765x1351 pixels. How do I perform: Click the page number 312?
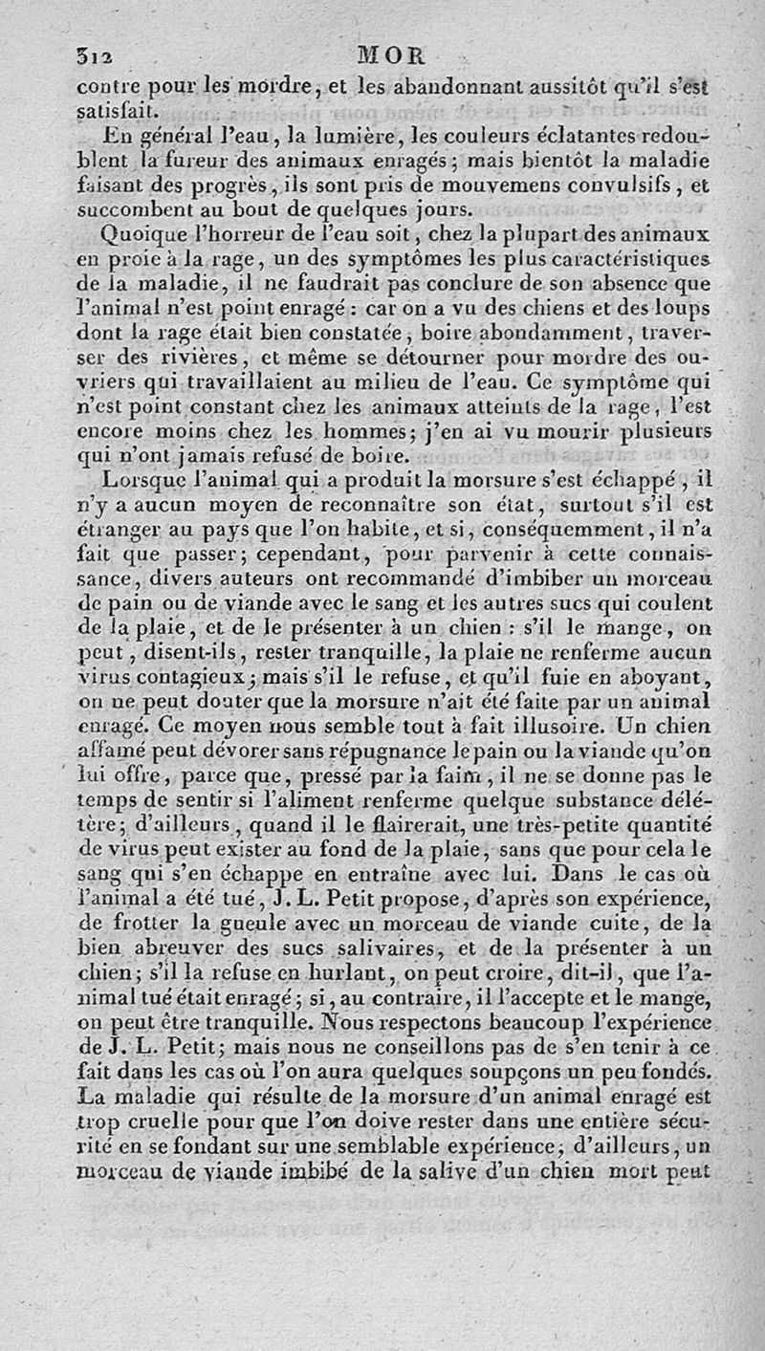pyautogui.click(x=94, y=54)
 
